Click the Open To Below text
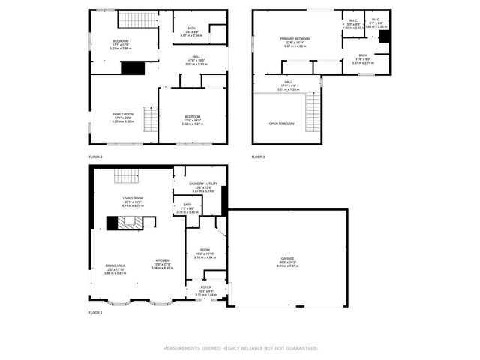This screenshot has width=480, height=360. pyautogui.click(x=282, y=124)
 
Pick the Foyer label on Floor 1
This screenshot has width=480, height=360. pyautogui.click(x=206, y=287)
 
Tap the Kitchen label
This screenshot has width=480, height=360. pyautogui.click(x=163, y=259)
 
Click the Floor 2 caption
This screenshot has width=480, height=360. pyautogui.click(x=95, y=157)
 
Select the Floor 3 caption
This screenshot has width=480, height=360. pyautogui.click(x=258, y=157)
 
